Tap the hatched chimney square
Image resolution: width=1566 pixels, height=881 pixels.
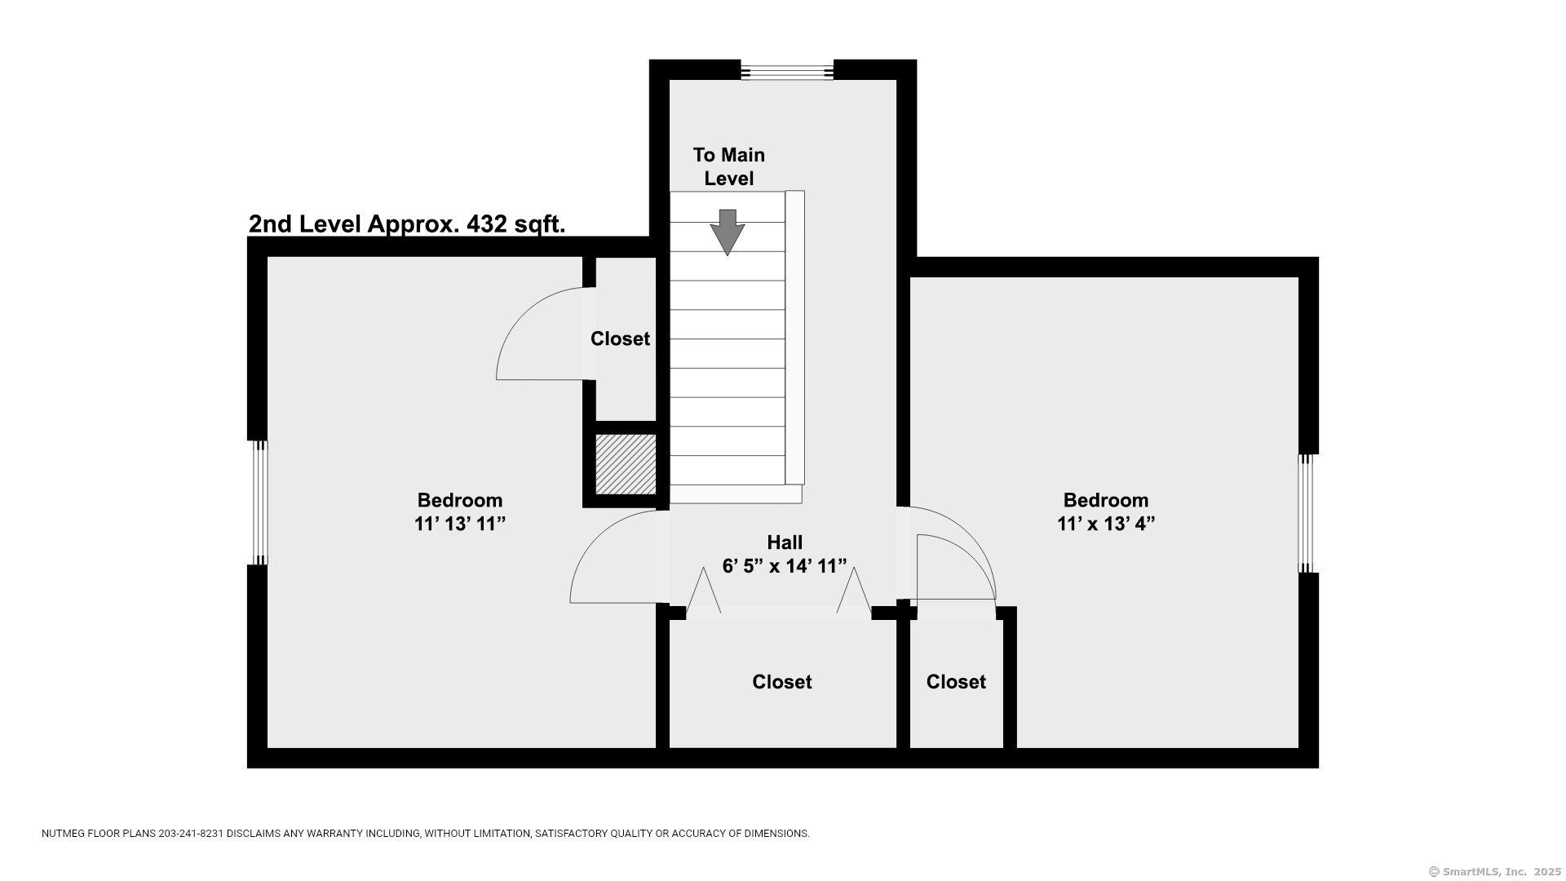pyautogui.click(x=626, y=464)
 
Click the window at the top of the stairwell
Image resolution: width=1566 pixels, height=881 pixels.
pyautogui.click(x=787, y=72)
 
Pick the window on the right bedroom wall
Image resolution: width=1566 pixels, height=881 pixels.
pyautogui.click(x=1307, y=513)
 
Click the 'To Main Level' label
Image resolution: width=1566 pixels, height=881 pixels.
pyautogui.click(x=729, y=166)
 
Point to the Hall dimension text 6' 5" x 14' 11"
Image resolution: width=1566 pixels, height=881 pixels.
pyautogui.click(x=785, y=566)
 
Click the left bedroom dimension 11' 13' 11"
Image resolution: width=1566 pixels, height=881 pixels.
pyautogui.click(x=460, y=524)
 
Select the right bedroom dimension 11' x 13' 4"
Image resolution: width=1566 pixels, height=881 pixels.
pyautogui.click(x=1106, y=524)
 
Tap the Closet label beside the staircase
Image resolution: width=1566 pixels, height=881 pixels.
pyautogui.click(x=620, y=339)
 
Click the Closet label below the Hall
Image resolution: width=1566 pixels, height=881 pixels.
pyautogui.click(x=782, y=682)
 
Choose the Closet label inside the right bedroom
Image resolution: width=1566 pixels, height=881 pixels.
pyautogui.click(x=956, y=682)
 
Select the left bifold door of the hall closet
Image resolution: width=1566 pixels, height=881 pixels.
pyautogui.click(x=703, y=591)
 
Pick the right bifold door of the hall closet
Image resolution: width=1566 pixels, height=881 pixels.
pyautogui.click(x=854, y=591)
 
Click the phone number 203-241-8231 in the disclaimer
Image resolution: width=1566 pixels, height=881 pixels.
pyautogui.click(x=190, y=834)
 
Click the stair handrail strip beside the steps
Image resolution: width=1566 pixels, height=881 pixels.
pyautogui.click(x=794, y=338)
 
